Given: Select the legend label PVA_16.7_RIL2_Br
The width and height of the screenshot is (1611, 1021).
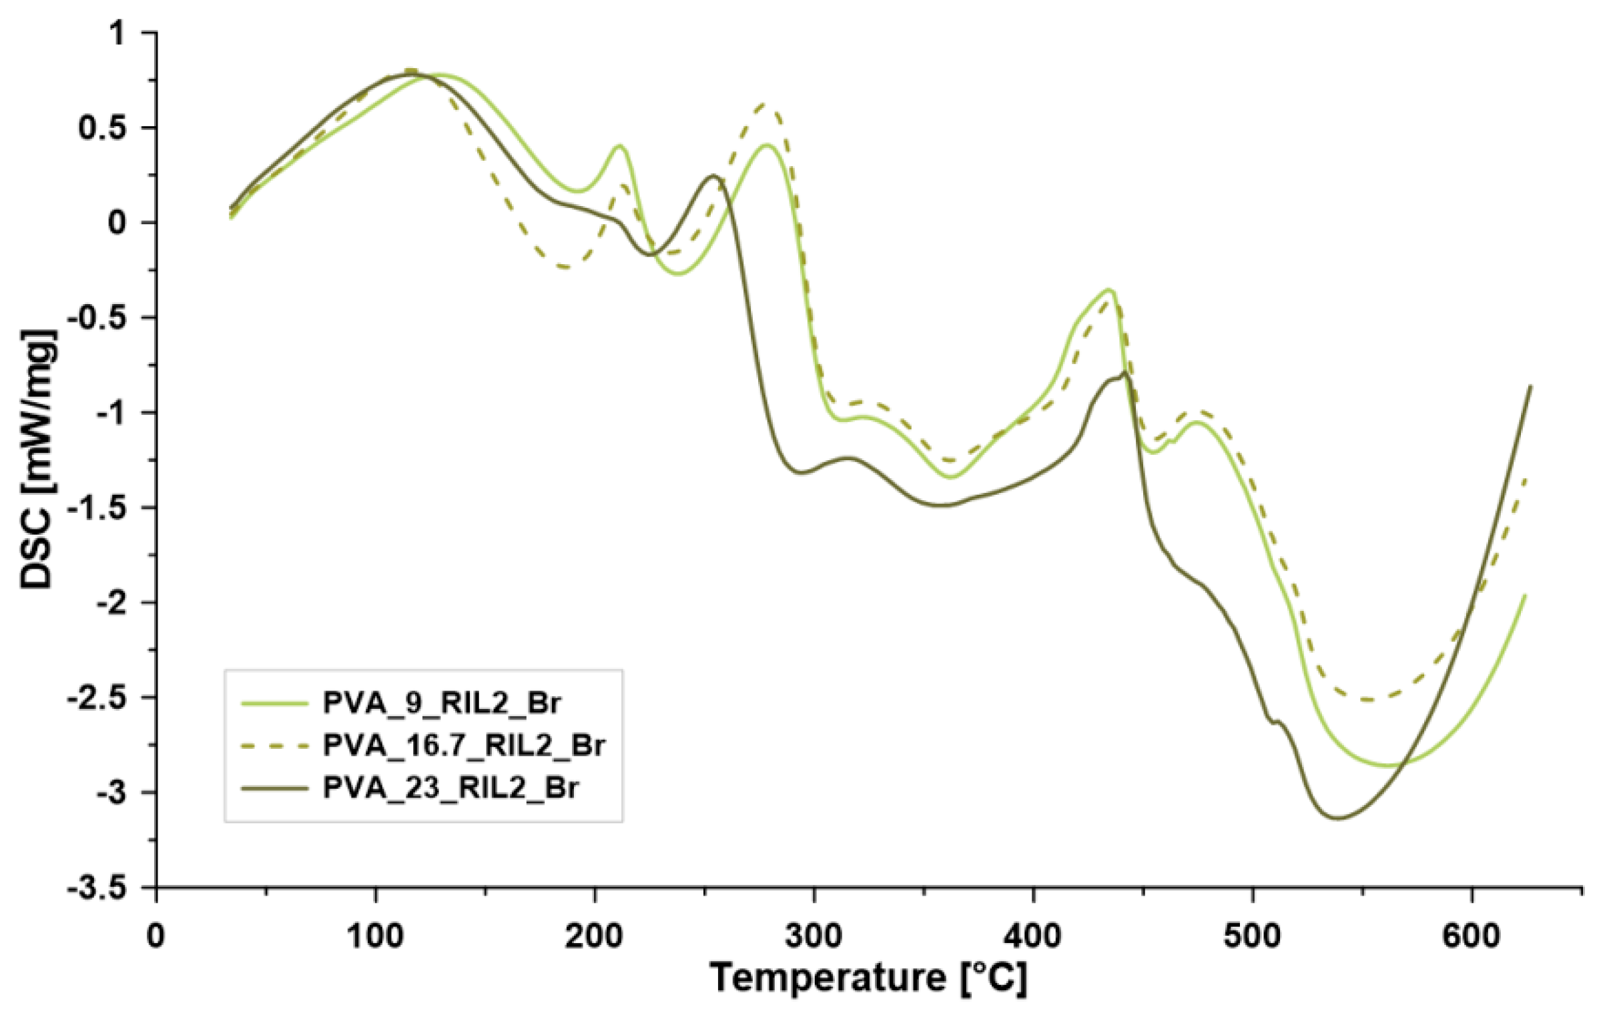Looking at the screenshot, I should point(464,745).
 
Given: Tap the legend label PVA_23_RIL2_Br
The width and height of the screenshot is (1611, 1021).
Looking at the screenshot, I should point(450,787).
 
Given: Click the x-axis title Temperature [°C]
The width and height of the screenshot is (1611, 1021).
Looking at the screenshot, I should point(868,978).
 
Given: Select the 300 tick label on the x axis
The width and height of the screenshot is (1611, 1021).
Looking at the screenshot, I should point(814,937).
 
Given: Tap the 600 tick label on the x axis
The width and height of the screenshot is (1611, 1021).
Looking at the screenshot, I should point(1472,937).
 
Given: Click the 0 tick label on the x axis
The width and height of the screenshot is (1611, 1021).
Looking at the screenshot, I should point(156,937).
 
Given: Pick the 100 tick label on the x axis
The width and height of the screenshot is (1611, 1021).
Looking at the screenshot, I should point(375,937).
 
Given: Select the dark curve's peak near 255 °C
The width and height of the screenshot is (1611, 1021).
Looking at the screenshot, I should point(714,176).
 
